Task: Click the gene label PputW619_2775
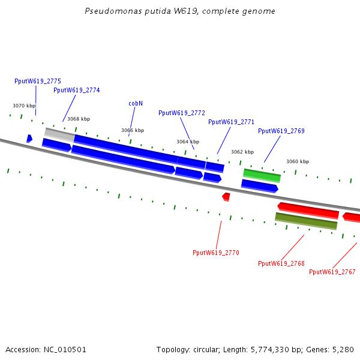[x=38, y=81]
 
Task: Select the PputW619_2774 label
[x=76, y=90]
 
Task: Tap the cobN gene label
[x=136, y=103]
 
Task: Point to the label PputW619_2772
[x=182, y=113]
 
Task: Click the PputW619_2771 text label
[x=231, y=122]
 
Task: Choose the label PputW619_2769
[x=281, y=131]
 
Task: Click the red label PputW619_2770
[x=215, y=253]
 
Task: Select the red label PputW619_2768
[x=281, y=263]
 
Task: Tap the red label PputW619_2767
[x=332, y=272]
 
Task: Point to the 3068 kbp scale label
[x=78, y=119]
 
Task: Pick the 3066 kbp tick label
[x=133, y=130]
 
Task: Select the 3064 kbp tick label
[x=187, y=142]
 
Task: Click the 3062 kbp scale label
[x=242, y=152]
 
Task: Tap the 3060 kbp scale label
[x=298, y=161]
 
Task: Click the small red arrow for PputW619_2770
[x=226, y=196]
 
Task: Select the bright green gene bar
[x=262, y=175]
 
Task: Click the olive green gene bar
[x=306, y=221]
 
